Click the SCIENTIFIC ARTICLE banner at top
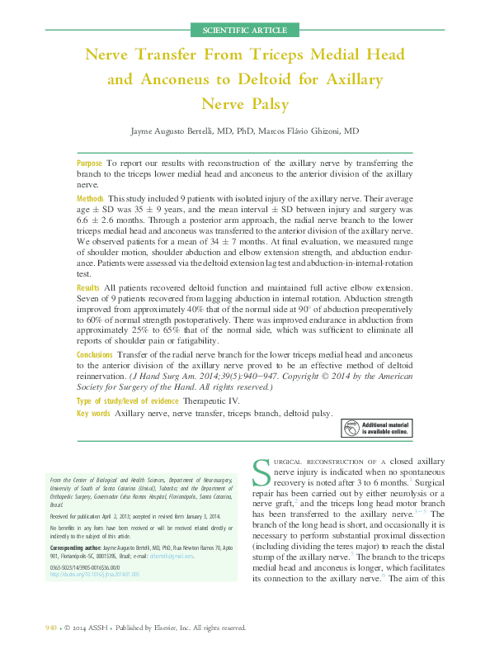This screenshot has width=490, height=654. (245, 31)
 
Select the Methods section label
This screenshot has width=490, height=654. (90, 199)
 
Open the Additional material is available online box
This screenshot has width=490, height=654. (377, 428)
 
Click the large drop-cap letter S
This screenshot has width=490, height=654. (261, 473)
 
